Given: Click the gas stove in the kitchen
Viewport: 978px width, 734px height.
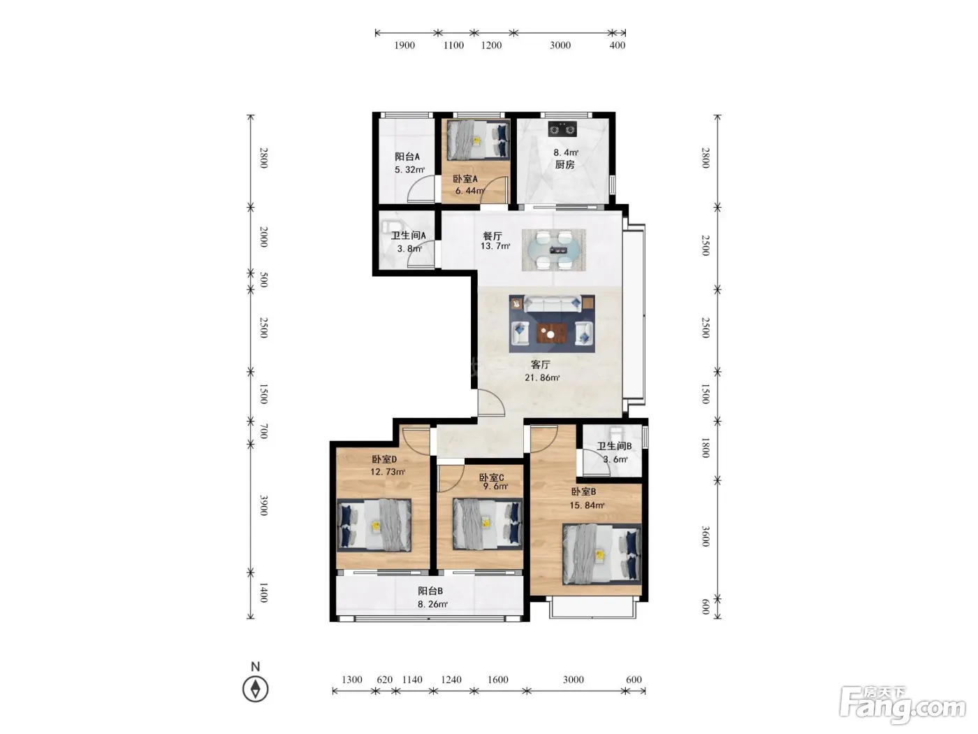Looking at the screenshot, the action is [x=562, y=129].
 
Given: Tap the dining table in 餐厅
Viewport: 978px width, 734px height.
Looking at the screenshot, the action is [x=554, y=250].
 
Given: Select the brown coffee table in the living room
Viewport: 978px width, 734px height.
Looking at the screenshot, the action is [x=552, y=333].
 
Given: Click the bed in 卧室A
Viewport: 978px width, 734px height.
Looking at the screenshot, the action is [x=479, y=140].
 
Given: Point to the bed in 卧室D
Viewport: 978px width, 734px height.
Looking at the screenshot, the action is [x=374, y=525].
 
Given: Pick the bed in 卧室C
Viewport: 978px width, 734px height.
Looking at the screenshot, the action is [x=488, y=524].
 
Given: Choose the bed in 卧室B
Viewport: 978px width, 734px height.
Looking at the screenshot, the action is [x=601, y=554].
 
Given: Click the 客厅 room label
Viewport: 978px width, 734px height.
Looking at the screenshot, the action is [x=540, y=364].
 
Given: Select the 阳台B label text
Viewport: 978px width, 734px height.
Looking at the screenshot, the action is [x=430, y=591].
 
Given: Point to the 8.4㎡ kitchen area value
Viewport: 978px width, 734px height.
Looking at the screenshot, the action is [x=566, y=152].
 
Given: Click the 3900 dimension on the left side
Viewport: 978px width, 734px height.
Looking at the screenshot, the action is [x=264, y=505].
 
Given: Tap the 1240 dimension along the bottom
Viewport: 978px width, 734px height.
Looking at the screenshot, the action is [x=451, y=679].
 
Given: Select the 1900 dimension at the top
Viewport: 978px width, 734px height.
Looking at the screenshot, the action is [x=404, y=45].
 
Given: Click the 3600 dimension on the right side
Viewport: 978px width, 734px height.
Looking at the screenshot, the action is [x=706, y=536].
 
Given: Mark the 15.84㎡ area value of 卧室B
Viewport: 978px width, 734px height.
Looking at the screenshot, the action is [x=587, y=505].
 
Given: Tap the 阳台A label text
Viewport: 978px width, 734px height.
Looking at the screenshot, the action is [x=407, y=157].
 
